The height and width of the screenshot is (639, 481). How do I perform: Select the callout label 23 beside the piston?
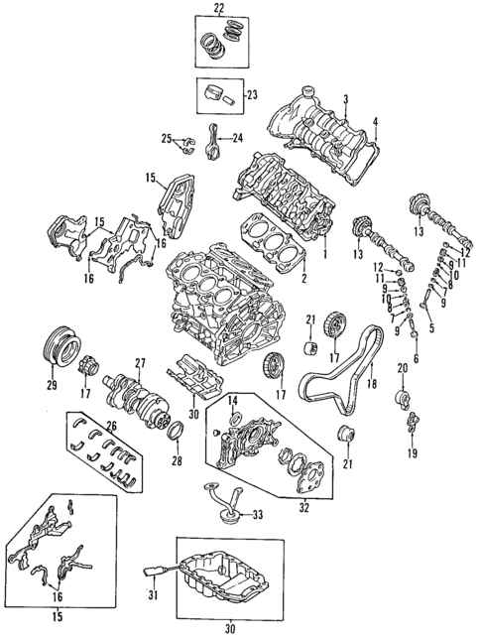click(x=251, y=95)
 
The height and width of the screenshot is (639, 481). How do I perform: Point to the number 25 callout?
click(x=168, y=137)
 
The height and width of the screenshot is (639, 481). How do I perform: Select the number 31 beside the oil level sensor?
click(x=153, y=596)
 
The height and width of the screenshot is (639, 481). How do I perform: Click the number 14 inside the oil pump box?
click(x=233, y=400)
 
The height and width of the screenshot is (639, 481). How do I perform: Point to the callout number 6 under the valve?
click(x=416, y=360)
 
